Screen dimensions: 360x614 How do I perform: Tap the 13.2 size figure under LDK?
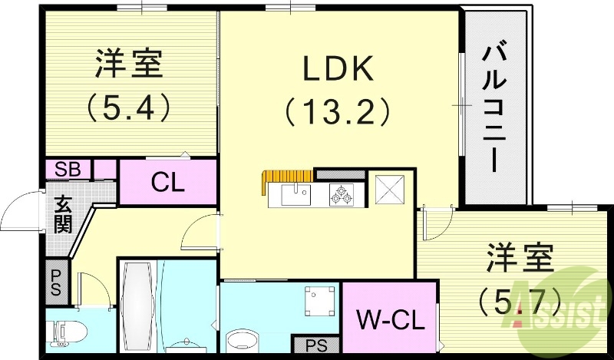338,113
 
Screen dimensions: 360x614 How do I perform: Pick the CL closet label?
167,183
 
